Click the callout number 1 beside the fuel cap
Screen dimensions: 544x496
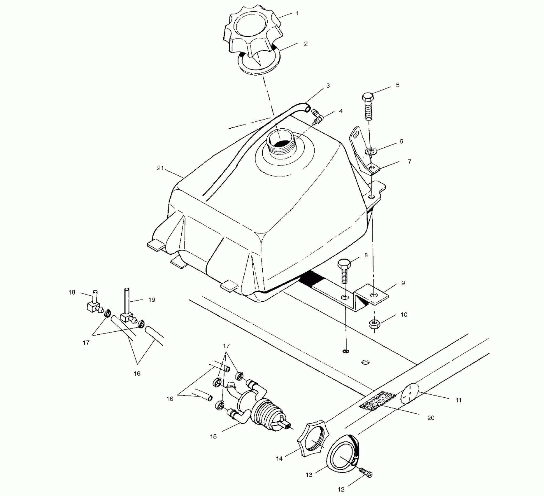(x=297, y=13)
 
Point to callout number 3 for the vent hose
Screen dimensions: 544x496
(x=328, y=86)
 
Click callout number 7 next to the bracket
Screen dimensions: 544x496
(x=409, y=162)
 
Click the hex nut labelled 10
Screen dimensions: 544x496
(x=373, y=324)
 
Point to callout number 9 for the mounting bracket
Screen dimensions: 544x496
(x=403, y=283)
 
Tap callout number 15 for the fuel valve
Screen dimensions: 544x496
(x=213, y=436)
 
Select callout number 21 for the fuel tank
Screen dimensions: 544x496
(x=160, y=168)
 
